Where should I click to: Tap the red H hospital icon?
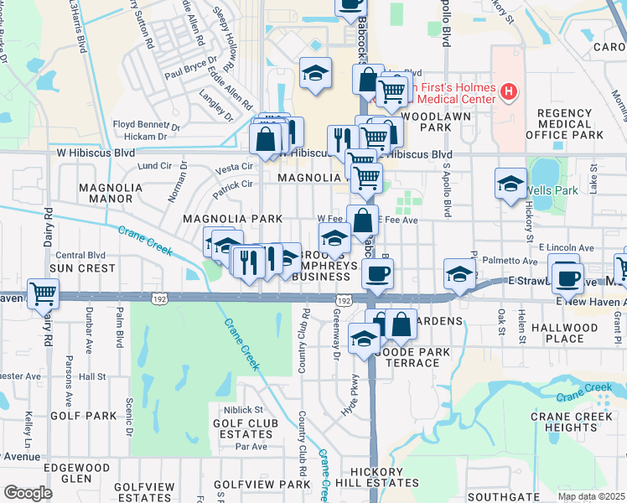[508, 91]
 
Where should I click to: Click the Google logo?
[28, 493]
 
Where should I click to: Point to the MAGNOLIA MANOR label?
[106, 193]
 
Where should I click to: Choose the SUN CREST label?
[81, 268]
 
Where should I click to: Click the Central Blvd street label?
[80, 255]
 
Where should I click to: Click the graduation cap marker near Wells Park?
[510, 184]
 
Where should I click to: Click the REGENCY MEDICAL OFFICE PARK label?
[564, 124]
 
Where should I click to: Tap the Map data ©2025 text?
[591, 496]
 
